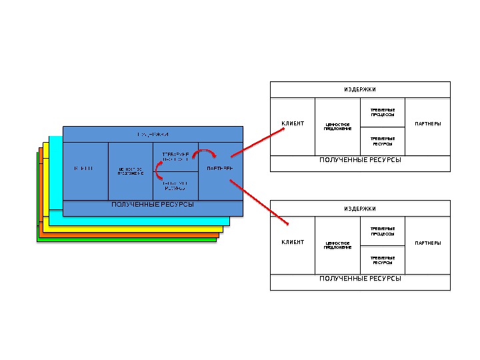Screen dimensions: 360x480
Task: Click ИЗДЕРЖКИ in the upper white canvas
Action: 360,89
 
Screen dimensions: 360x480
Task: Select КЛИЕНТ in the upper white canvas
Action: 293,123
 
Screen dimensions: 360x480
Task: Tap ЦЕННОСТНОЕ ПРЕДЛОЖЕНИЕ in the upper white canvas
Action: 337,126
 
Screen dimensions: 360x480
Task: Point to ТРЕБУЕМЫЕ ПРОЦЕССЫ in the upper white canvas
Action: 383,112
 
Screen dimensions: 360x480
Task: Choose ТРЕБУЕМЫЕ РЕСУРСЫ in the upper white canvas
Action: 383,141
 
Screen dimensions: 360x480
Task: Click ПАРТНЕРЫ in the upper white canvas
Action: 427,123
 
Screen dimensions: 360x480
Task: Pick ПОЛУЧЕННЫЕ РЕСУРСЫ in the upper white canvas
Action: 360,161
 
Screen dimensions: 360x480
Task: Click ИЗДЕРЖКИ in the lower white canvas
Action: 360,209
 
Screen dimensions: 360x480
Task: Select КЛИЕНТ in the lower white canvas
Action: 293,242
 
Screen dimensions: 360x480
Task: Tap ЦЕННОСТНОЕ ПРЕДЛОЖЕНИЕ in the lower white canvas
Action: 337,245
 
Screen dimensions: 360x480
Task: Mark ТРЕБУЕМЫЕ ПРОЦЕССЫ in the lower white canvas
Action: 383,231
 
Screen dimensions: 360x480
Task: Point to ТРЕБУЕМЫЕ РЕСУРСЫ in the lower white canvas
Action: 383,260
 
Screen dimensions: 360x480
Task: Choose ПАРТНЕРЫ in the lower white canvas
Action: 427,243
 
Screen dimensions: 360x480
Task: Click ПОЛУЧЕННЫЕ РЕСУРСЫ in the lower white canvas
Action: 360,279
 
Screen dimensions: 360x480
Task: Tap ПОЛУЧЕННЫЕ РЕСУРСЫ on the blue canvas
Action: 153,205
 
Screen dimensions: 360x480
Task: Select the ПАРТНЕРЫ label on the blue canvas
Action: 220,168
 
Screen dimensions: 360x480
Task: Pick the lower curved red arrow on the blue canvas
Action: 159,173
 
